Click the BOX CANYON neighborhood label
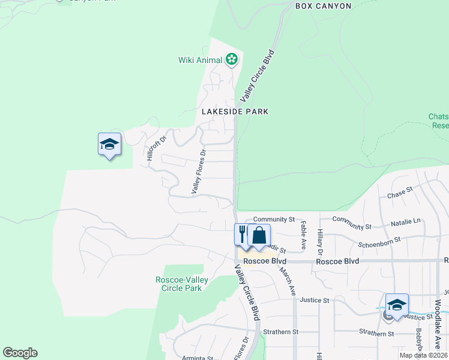pos(323,6)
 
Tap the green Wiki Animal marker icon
pos(232,59)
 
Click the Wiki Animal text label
pos(200,60)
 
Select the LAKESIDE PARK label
pos(235,112)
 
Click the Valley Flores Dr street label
pos(199,172)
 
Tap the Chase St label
pos(400,194)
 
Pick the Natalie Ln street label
pos(406,222)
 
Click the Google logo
pos(20,353)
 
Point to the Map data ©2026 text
pos(423,355)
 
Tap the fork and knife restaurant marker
pos(243,234)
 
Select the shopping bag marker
pos(259,235)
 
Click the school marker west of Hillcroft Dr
pos(109,145)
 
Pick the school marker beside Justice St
pos(397,305)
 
